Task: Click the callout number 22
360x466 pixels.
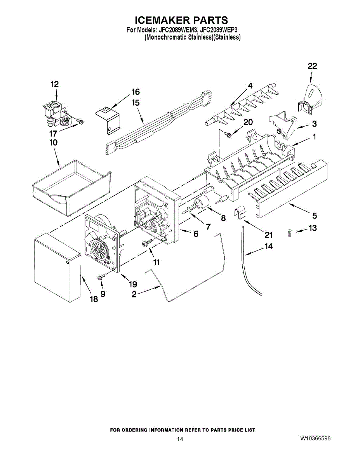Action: [312, 66]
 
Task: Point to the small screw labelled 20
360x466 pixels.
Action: [228, 134]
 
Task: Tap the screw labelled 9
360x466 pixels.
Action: [101, 277]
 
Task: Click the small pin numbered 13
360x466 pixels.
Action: [289, 232]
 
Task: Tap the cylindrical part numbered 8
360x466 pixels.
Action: [202, 203]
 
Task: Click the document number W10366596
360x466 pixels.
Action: [315, 438]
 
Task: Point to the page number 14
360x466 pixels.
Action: [180, 439]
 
